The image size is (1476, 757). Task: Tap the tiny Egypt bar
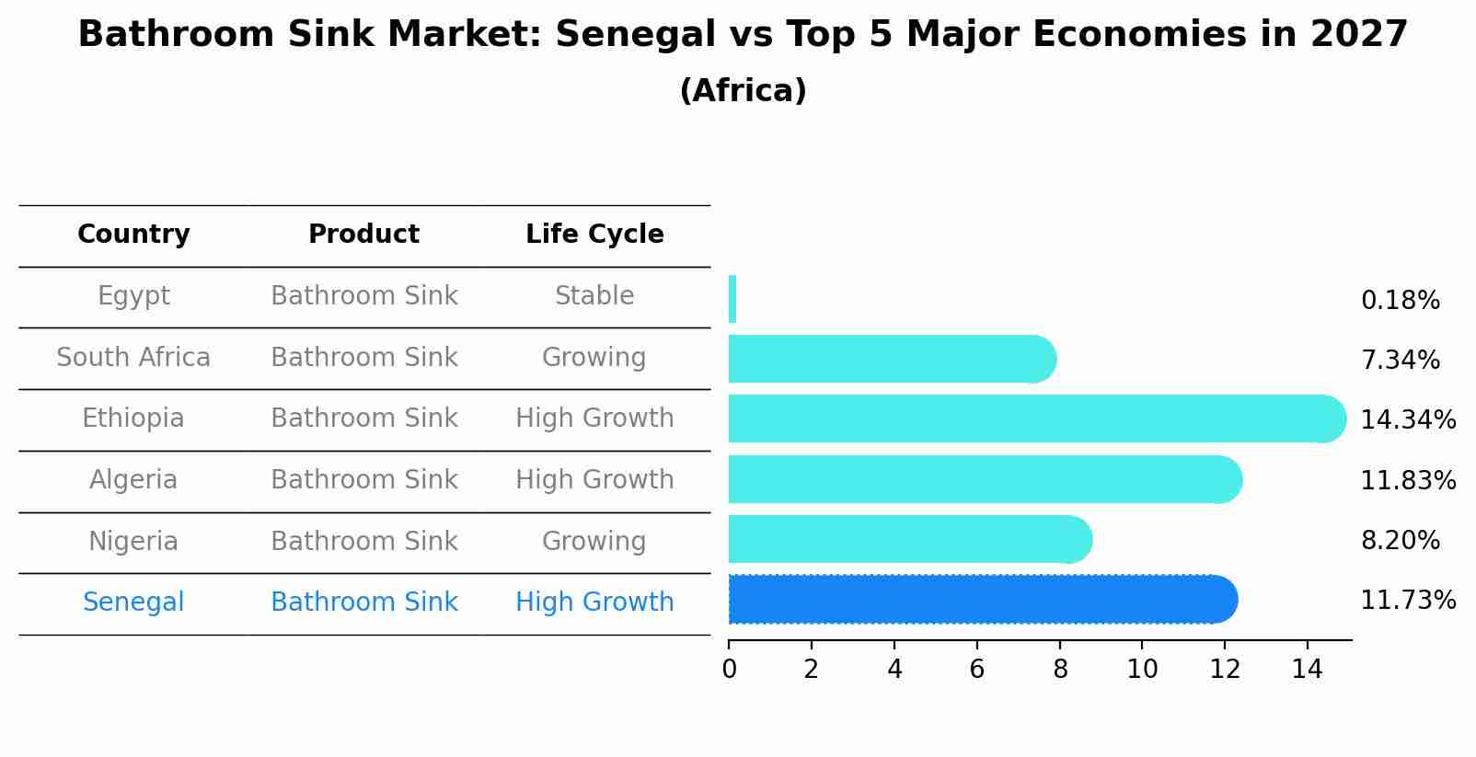click(732, 299)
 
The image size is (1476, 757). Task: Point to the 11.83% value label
click(1407, 480)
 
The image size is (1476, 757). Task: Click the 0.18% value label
click(1400, 301)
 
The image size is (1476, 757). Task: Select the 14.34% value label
click(1407, 420)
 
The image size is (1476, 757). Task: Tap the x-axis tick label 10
click(1142, 670)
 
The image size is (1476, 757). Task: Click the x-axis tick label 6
click(977, 670)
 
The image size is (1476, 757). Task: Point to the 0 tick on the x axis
click(729, 670)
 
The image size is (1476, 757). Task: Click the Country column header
click(133, 235)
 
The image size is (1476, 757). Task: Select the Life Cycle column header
click(594, 235)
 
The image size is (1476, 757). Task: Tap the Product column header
click(363, 235)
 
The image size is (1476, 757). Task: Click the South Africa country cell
click(133, 358)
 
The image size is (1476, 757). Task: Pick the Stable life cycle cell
click(594, 296)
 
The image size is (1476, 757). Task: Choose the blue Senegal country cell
click(133, 602)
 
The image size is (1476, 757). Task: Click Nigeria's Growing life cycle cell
click(594, 541)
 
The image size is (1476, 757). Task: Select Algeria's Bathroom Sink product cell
click(363, 480)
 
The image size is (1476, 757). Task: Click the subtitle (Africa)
click(743, 91)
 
